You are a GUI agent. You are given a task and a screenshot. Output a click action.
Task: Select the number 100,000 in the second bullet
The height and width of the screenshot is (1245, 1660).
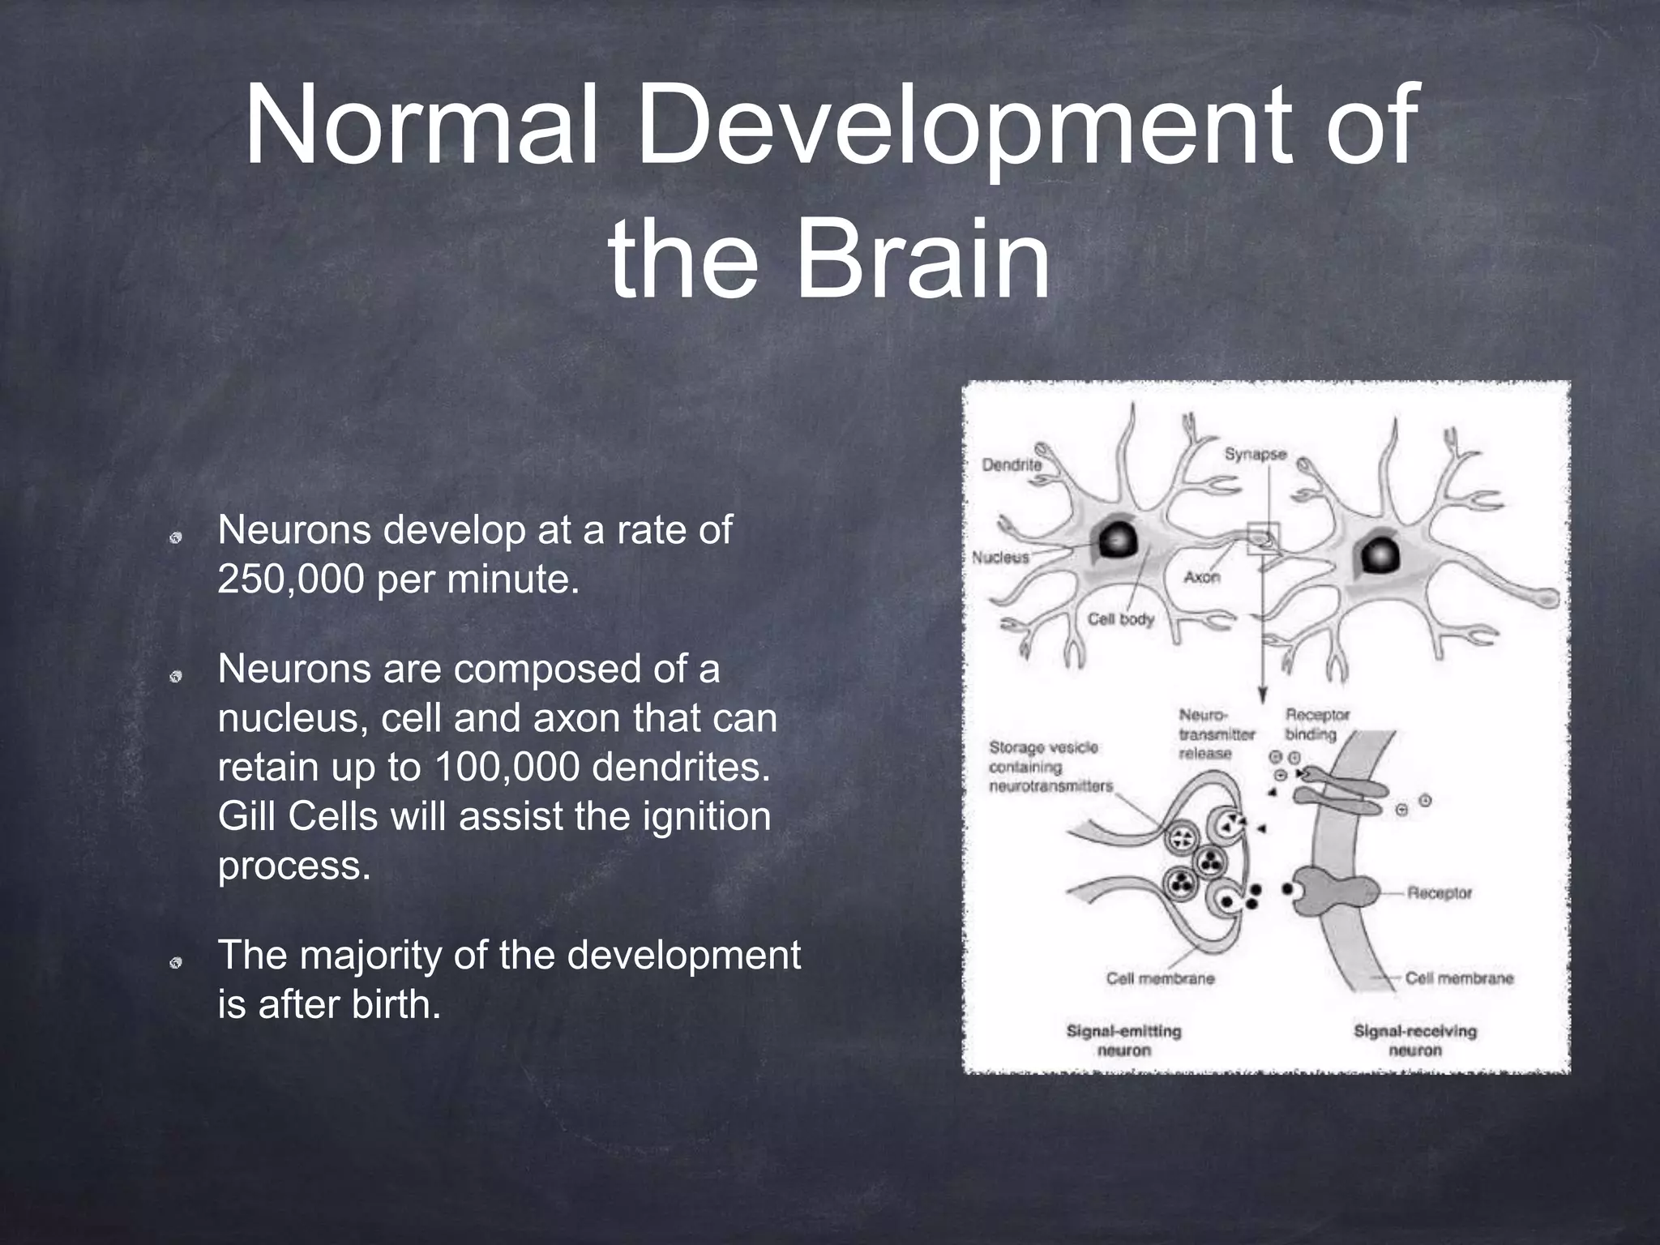pos(507,767)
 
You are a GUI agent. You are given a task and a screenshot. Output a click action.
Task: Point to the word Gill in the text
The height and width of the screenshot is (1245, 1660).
pos(247,815)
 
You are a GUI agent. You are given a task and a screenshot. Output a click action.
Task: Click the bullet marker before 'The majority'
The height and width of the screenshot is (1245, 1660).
pos(175,963)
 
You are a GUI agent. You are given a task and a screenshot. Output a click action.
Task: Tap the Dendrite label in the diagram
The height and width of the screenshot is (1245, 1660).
pos(1012,464)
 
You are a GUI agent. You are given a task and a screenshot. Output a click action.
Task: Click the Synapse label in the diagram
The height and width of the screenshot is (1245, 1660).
pos(1256,454)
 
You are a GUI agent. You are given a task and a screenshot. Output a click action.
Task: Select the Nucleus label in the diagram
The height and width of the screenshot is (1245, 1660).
pos(1000,557)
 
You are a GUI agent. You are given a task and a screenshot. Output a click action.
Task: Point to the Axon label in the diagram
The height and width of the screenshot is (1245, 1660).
pos(1201,577)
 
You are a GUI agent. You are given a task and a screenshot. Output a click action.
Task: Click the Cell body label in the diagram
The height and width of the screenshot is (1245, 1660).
pos(1120,619)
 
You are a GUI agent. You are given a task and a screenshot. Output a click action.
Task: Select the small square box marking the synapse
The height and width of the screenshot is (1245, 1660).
pos(1263,538)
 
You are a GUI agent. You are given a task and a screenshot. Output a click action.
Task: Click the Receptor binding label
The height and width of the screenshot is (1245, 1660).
pos(1317,725)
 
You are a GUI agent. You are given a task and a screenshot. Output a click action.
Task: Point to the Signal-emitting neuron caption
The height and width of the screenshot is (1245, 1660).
pos(1123,1041)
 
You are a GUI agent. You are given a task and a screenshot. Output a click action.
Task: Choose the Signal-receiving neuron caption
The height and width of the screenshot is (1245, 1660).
pos(1415,1041)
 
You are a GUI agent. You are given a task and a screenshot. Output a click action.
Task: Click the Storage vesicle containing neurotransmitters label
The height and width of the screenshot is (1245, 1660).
pos(1050,766)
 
